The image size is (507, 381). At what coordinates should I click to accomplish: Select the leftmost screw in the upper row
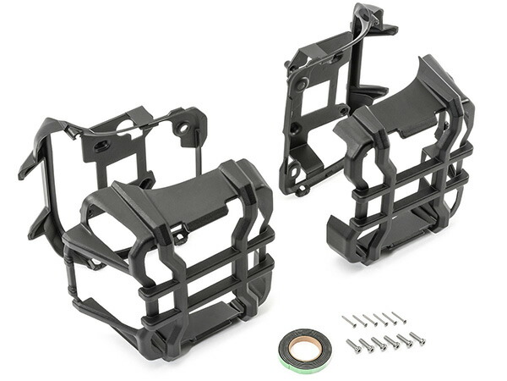[x=347, y=321]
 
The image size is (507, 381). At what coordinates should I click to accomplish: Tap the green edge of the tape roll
[x=284, y=356]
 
